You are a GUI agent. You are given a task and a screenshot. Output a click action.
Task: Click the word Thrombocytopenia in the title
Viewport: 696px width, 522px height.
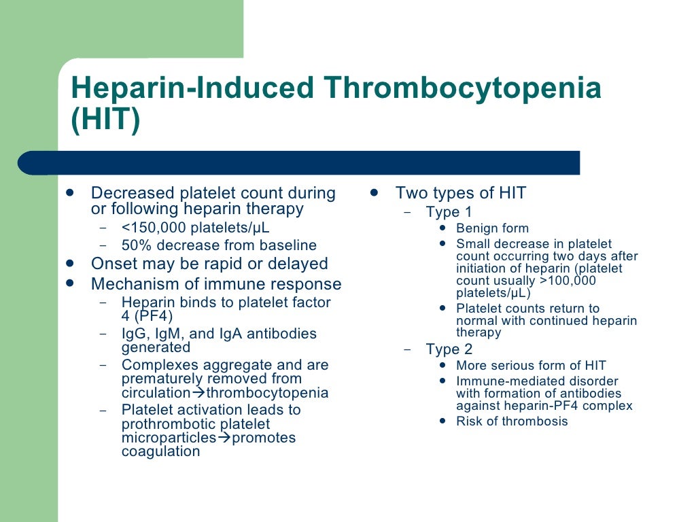pyautogui.click(x=463, y=89)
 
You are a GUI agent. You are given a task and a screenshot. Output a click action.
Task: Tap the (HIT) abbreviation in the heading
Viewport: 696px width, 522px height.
pyautogui.click(x=105, y=120)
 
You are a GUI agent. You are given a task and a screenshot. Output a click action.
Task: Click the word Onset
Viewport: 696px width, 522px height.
pyautogui.click(x=113, y=264)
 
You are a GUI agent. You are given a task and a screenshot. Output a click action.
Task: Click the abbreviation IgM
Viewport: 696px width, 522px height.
pyautogui.click(x=168, y=334)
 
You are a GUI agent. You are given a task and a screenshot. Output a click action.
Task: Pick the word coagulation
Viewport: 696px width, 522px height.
pyautogui.click(x=160, y=451)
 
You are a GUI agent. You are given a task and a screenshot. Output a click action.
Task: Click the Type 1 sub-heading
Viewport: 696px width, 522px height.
pyautogui.click(x=449, y=212)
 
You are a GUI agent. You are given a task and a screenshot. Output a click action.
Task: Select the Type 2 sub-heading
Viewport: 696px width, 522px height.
pyautogui.click(x=449, y=349)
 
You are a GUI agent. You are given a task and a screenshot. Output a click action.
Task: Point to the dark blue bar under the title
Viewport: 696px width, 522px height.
pyautogui.click(x=299, y=162)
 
